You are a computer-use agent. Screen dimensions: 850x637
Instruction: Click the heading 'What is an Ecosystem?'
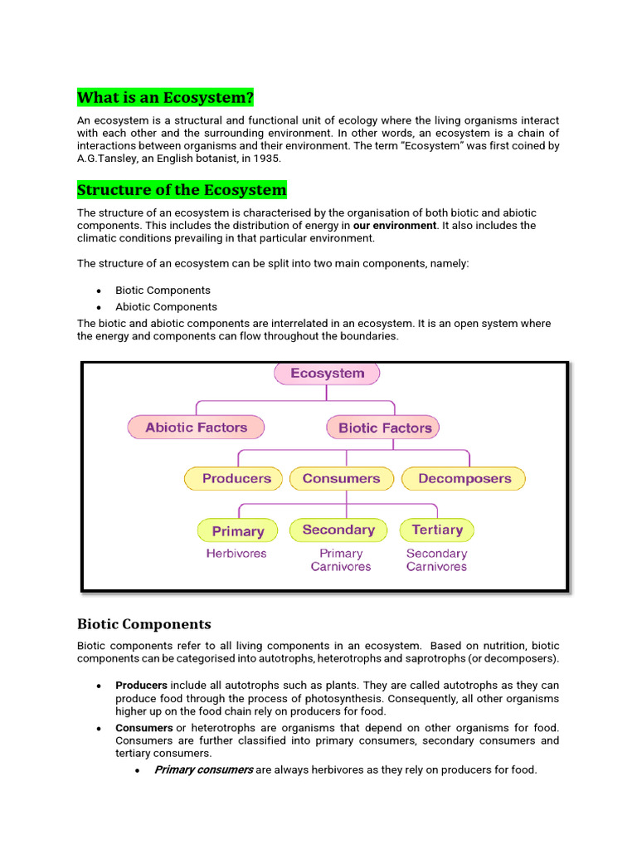tap(165, 98)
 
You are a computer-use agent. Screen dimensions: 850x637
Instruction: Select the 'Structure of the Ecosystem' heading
tap(182, 190)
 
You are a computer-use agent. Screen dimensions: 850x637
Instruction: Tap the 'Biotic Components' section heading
tap(144, 624)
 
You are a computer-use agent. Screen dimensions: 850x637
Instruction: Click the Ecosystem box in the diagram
tap(327, 374)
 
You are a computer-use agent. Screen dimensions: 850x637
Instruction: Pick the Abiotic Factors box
tap(197, 427)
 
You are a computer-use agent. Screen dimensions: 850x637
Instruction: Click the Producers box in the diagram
tap(236, 478)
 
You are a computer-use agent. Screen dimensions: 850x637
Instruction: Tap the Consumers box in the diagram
tap(341, 478)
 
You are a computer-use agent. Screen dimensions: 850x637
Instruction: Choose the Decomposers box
tap(464, 479)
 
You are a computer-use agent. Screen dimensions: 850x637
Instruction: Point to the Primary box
tap(238, 531)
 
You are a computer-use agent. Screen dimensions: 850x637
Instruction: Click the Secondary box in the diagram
tap(338, 530)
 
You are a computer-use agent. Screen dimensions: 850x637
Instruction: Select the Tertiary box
tap(437, 530)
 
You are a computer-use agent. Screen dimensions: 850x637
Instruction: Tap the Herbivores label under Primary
tap(236, 553)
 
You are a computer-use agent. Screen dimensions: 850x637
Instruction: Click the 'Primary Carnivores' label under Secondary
tap(341, 560)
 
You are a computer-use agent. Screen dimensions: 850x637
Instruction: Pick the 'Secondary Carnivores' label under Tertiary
tap(436, 560)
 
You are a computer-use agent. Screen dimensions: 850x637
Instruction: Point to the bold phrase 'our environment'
tap(395, 226)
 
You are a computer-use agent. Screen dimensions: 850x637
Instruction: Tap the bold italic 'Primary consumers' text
tap(203, 769)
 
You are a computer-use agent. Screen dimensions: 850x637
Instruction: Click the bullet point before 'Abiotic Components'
tap(99, 307)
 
